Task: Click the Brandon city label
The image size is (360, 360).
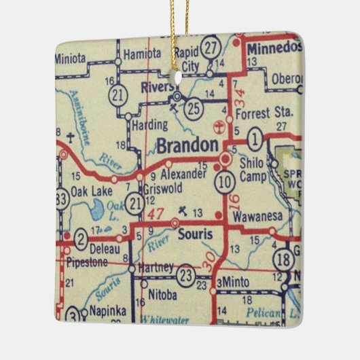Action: [188, 146]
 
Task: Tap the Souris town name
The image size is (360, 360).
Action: [195, 235]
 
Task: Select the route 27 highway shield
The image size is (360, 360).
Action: [212, 48]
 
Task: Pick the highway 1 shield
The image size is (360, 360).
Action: [254, 141]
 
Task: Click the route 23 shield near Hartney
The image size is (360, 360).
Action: [185, 274]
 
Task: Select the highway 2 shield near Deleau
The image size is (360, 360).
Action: [80, 238]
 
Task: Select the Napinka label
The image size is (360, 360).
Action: [107, 312]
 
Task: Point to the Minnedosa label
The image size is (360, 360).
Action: [272, 50]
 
